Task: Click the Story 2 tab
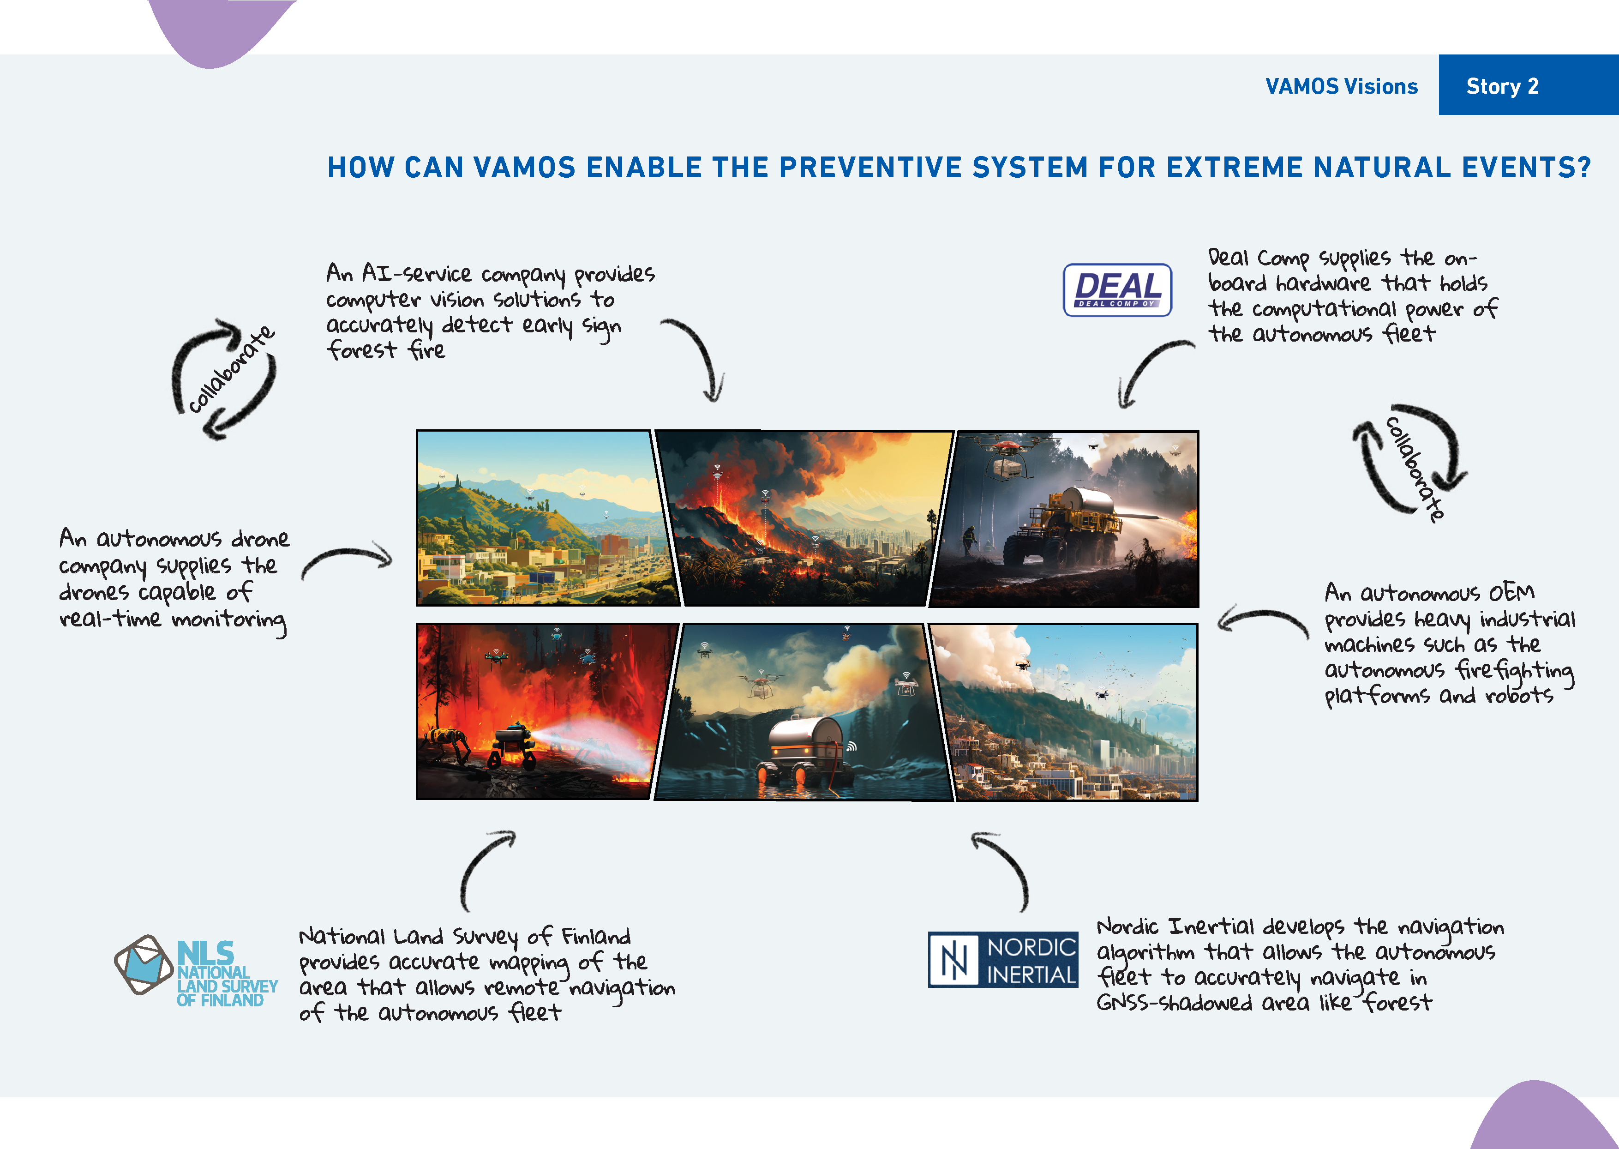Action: point(1528,85)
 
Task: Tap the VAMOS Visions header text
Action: point(1341,86)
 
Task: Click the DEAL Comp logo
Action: point(1117,290)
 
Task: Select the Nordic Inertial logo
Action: point(1003,959)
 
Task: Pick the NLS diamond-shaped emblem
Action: point(144,964)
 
